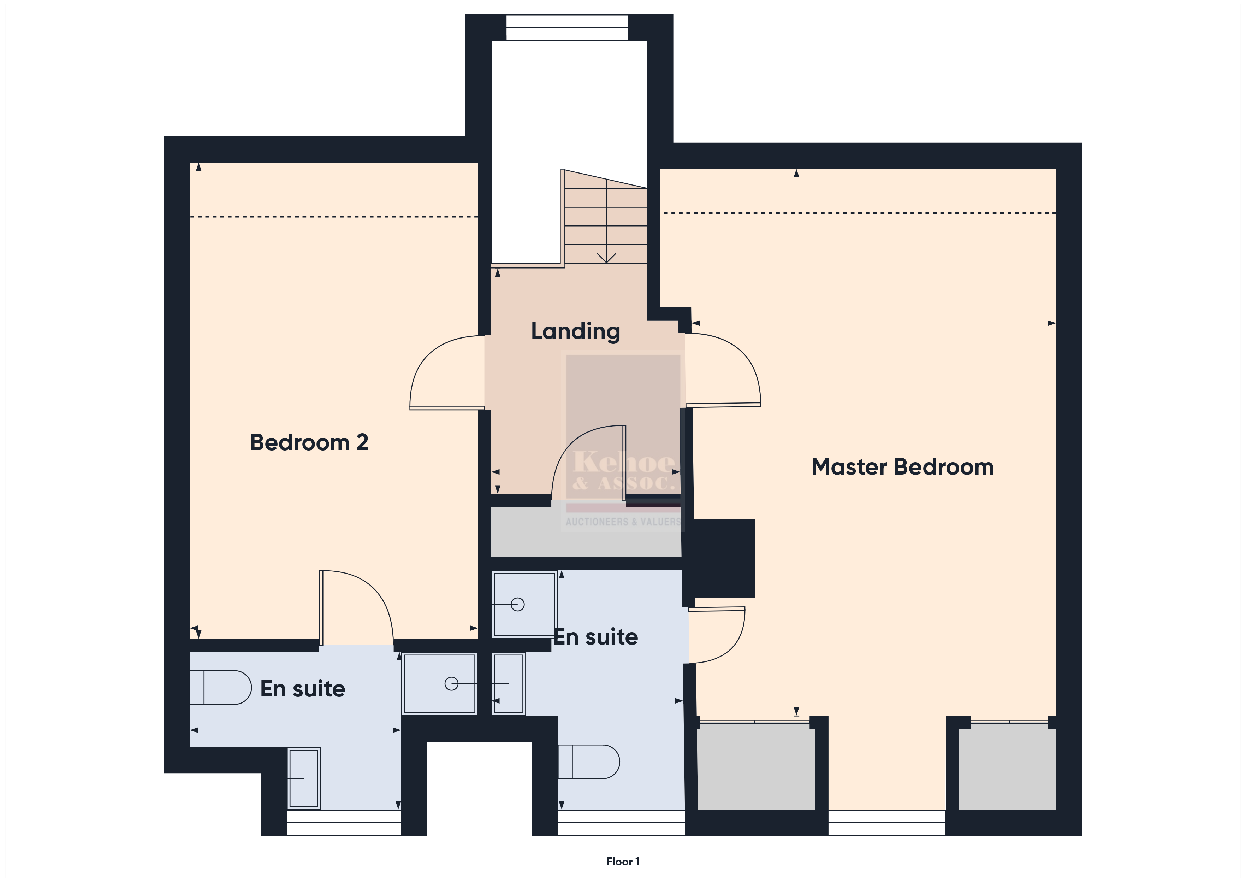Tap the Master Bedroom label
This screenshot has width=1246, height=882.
point(902,467)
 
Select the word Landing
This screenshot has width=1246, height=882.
point(575,331)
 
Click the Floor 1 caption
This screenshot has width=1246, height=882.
point(623,862)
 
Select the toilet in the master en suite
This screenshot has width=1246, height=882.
point(589,762)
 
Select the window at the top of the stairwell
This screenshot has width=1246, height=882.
point(567,27)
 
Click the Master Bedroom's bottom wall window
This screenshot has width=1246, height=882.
point(887,823)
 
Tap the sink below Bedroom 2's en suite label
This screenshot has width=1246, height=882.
point(303,778)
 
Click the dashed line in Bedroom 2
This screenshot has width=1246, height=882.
point(334,217)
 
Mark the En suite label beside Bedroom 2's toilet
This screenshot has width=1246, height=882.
point(303,689)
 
